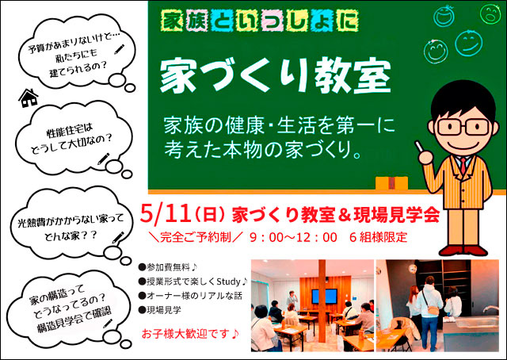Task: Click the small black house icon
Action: [x=29, y=98]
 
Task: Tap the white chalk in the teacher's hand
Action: [x=419, y=147]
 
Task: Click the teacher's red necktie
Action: [x=463, y=165]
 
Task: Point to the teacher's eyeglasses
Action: [x=463, y=127]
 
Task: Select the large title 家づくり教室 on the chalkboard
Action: [x=276, y=75]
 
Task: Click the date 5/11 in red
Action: [x=165, y=214]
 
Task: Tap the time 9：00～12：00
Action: [x=293, y=238]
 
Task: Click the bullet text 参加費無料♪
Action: [x=168, y=267]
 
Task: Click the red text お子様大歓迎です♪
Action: [x=190, y=334]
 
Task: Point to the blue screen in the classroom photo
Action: [x=324, y=296]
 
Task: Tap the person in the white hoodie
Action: [x=429, y=312]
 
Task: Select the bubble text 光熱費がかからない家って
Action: [x=71, y=221]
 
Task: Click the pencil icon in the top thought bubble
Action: [x=120, y=49]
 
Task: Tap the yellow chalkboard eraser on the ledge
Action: [x=391, y=183]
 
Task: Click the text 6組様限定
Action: [x=379, y=238]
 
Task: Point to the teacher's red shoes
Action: [x=463, y=251]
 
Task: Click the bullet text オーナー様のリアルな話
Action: [x=190, y=296]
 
